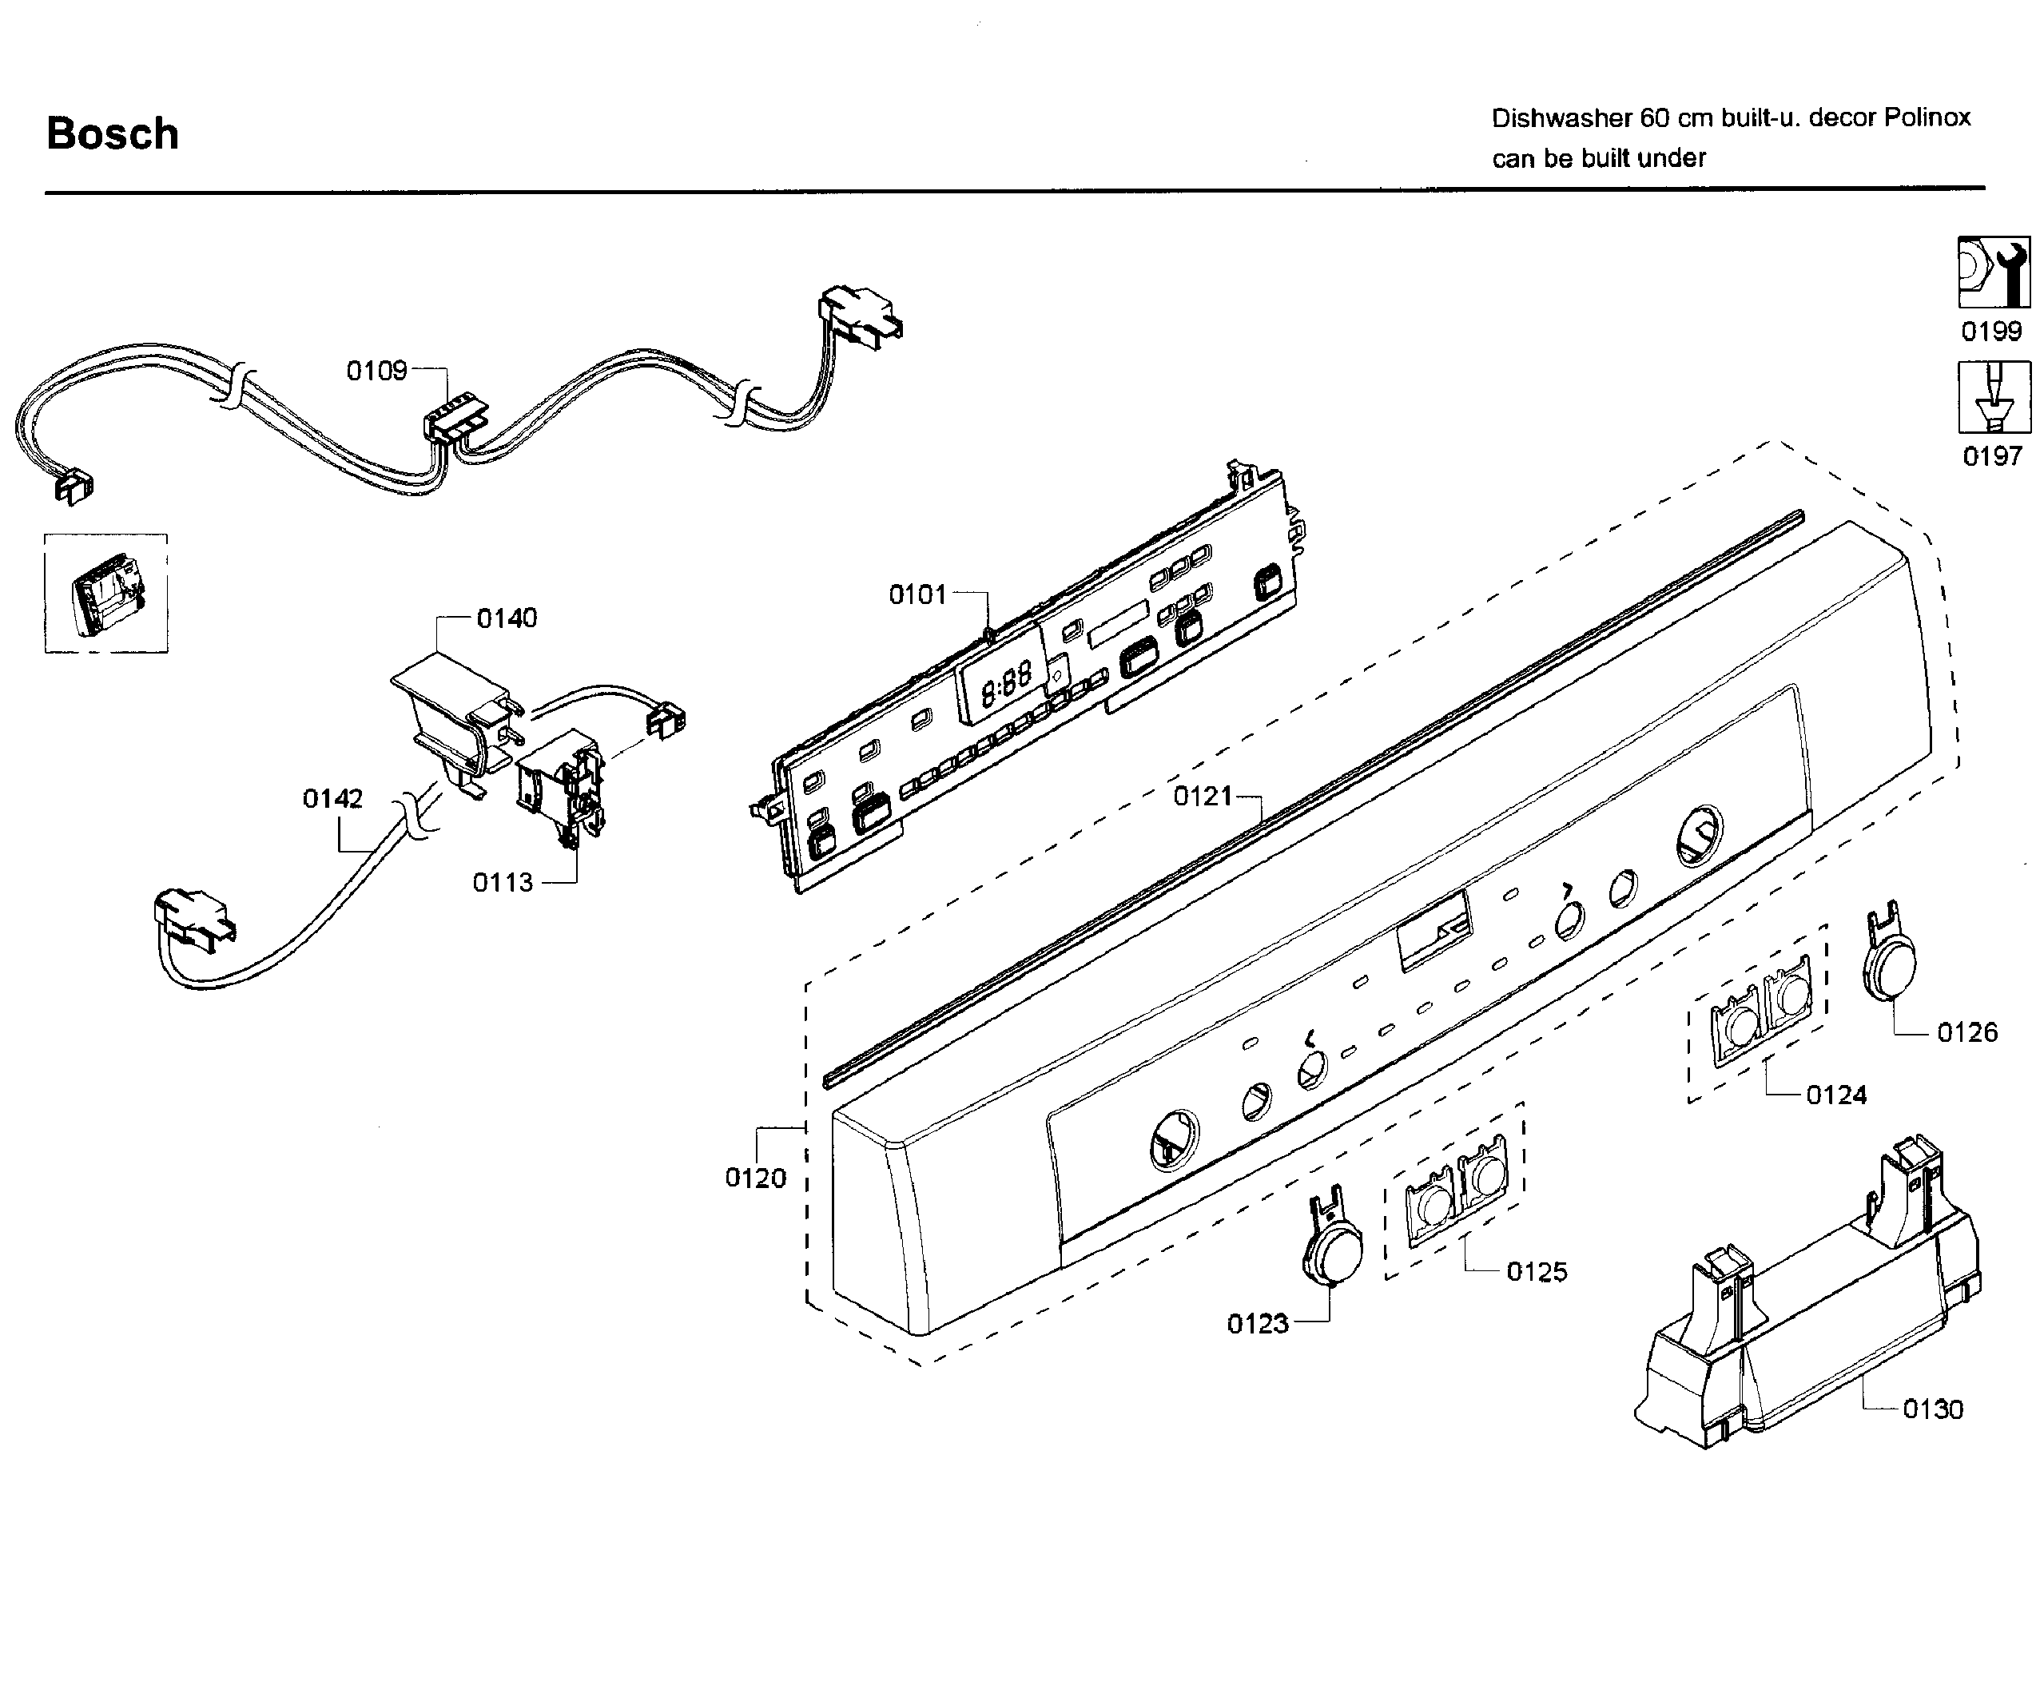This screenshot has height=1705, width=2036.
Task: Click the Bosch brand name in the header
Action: [x=113, y=133]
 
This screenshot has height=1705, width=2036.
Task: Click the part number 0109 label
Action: [x=377, y=372]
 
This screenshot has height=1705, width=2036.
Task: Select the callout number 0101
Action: [x=917, y=595]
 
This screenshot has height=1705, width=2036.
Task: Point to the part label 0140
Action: [x=506, y=618]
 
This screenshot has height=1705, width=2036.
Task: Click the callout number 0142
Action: [x=332, y=799]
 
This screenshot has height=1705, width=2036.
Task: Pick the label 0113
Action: [x=503, y=883]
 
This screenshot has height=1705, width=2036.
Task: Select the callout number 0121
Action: [x=1203, y=797]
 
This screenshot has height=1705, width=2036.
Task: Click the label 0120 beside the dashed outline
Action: [x=755, y=1178]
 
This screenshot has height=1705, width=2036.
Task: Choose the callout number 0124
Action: [x=1835, y=1095]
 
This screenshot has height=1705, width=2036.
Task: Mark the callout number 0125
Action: [x=1537, y=1273]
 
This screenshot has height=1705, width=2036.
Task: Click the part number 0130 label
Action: [x=1932, y=1409]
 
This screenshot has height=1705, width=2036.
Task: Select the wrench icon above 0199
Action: [x=1994, y=273]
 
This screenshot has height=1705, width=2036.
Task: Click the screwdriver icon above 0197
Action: [x=1994, y=397]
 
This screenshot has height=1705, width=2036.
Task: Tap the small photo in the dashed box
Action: [x=106, y=593]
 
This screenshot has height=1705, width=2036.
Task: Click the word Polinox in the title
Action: [x=1927, y=118]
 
